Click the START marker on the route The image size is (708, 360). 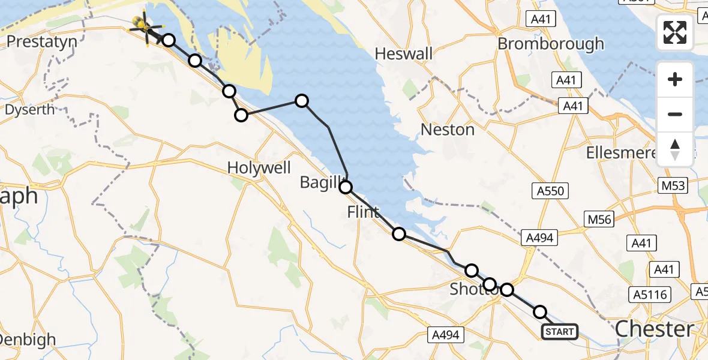coord(560,331)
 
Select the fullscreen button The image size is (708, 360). coord(675,32)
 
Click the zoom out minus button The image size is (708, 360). coord(675,114)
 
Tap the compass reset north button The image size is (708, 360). coord(675,149)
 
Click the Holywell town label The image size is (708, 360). coord(259,168)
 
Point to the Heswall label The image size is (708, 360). coord(403,54)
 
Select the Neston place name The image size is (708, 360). coord(448,130)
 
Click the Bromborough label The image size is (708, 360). coord(551,44)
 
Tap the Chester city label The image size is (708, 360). coord(654,329)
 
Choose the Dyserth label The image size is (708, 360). coord(30,110)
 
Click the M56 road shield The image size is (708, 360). coord(599,220)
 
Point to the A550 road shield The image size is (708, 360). coord(548,191)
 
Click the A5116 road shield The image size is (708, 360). coord(652,295)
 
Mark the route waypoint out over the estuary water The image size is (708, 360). coord(302,101)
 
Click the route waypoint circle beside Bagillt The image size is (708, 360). coord(346,187)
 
